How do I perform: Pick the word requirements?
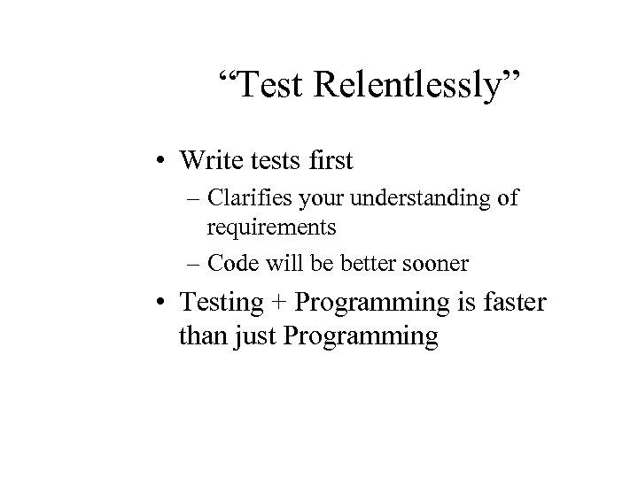(271, 227)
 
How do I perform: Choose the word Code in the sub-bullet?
(230, 263)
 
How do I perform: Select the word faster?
(517, 304)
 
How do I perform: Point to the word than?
(201, 336)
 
